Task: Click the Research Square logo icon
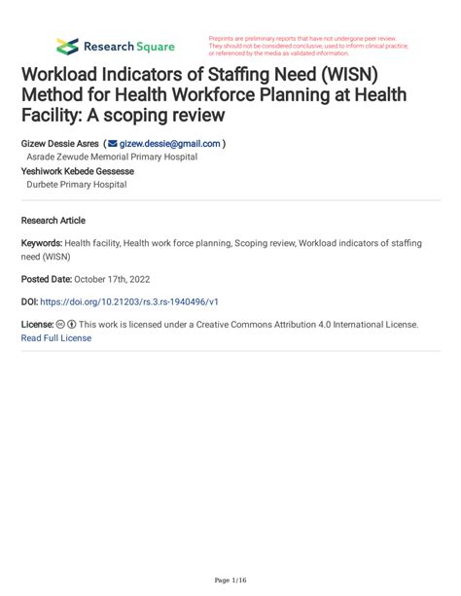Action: tap(67, 46)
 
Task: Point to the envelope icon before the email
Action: tap(112, 144)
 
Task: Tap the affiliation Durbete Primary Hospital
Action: tap(76, 184)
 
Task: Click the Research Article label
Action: tap(53, 221)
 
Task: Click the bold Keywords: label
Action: tap(41, 244)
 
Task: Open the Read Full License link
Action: tap(55, 337)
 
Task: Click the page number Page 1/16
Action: tap(230, 579)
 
